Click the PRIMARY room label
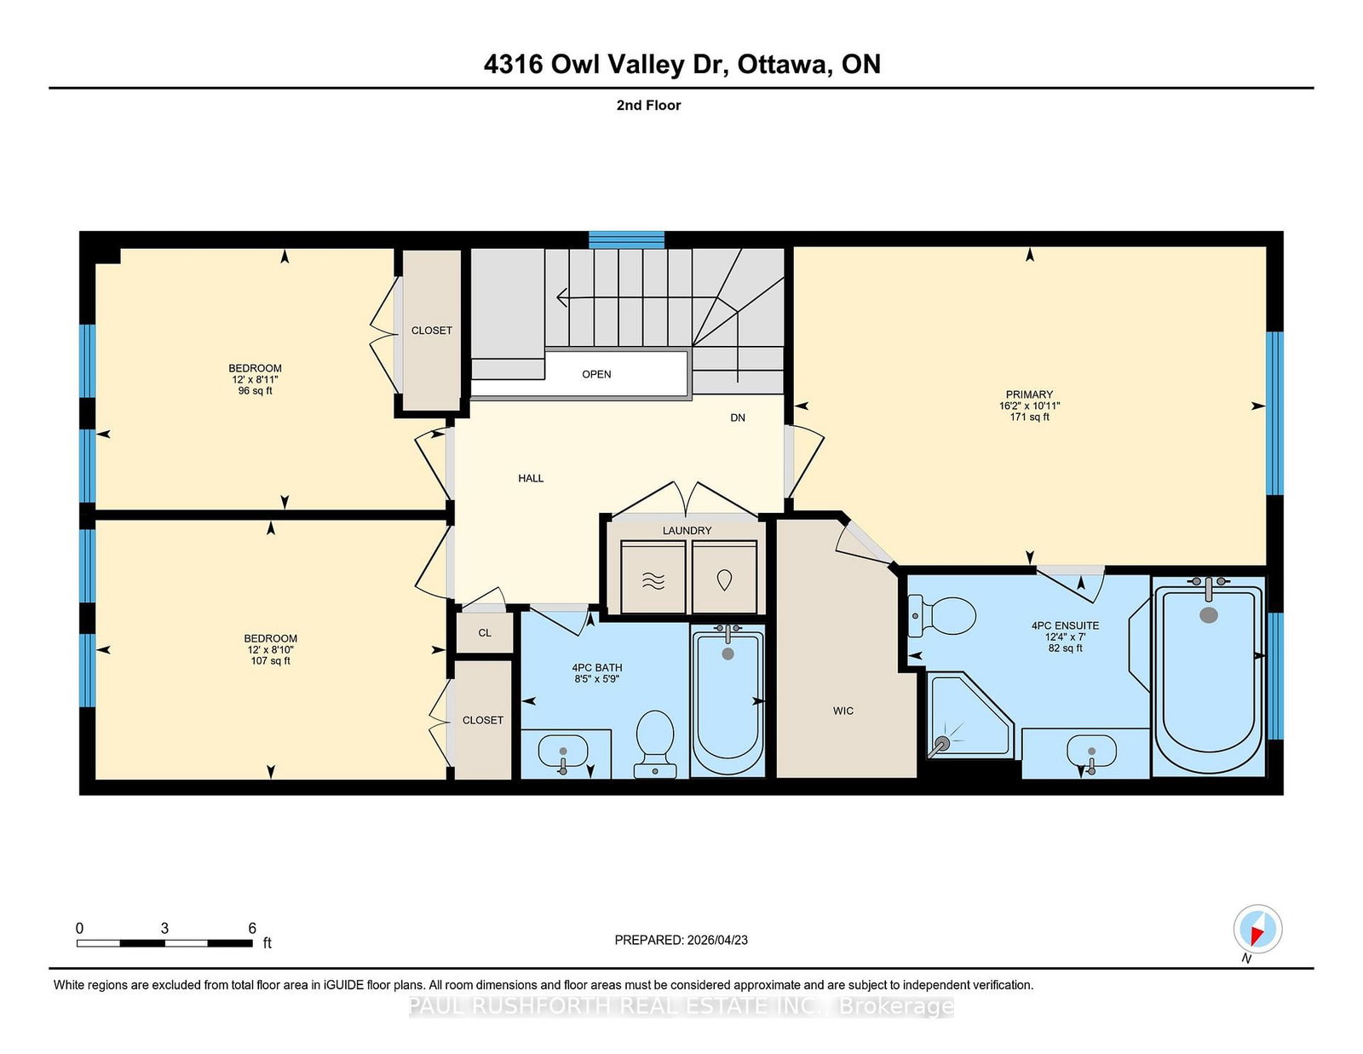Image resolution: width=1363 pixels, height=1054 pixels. pyautogui.click(x=1029, y=395)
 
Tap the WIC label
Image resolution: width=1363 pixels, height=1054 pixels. pyautogui.click(x=843, y=711)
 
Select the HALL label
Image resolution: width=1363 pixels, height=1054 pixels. pyautogui.click(x=531, y=478)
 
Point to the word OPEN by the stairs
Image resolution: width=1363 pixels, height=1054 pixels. pyautogui.click(x=595, y=374)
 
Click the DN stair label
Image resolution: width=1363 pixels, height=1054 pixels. pyautogui.click(x=738, y=418)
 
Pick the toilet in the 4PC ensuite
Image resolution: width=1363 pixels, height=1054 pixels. pyautogui.click(x=943, y=615)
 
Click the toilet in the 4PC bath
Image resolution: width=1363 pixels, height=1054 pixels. pyautogui.click(x=655, y=744)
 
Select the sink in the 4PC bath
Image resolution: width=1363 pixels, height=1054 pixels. pyautogui.click(x=562, y=752)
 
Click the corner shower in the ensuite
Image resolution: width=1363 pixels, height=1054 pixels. pyautogui.click(x=969, y=715)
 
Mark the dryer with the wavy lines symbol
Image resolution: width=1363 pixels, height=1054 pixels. pyautogui.click(x=653, y=577)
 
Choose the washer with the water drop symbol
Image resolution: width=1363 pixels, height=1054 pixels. pyautogui.click(x=724, y=577)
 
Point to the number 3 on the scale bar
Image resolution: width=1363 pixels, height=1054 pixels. pyautogui.click(x=164, y=928)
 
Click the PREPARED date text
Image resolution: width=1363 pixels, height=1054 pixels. pyautogui.click(x=681, y=940)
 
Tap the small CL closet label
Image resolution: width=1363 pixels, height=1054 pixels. pyautogui.click(x=485, y=633)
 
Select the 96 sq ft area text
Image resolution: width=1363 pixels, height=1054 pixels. pyautogui.click(x=255, y=391)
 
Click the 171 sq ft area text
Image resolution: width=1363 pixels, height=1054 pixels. pyautogui.click(x=1029, y=417)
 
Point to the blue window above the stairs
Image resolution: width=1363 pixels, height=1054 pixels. pyautogui.click(x=626, y=239)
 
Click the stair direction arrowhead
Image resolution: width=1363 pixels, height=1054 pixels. pyautogui.click(x=562, y=297)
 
